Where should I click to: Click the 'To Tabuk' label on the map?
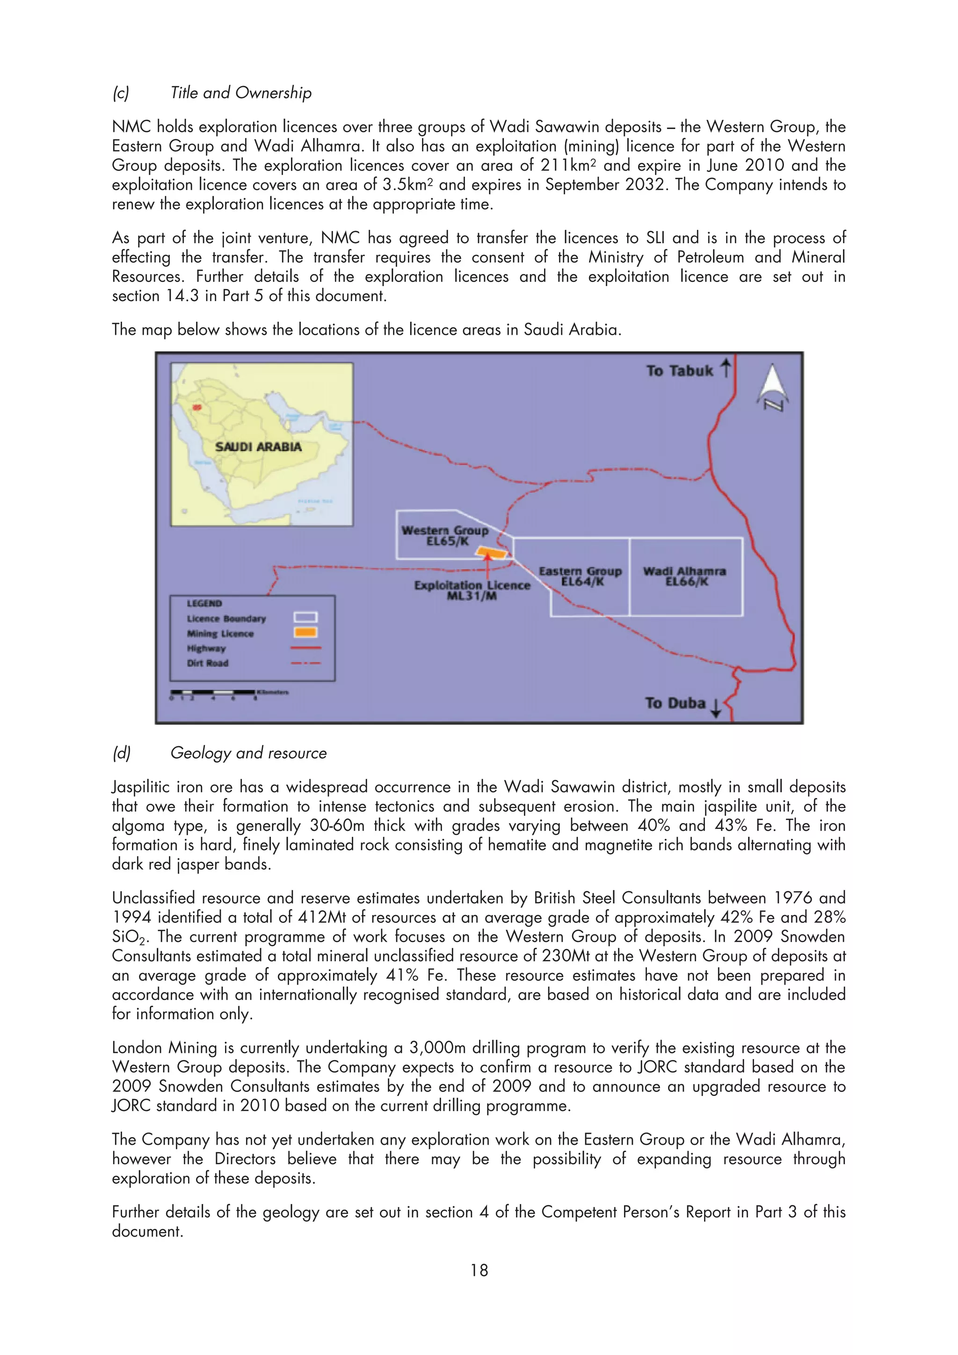point(679,371)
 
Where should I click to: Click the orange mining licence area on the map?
point(492,553)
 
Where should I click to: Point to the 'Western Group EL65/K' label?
point(446,535)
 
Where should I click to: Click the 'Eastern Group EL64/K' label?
point(580,576)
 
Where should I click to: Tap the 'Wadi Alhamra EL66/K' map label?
point(685,576)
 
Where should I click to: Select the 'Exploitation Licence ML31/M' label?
point(472,590)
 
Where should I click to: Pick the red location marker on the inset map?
point(196,407)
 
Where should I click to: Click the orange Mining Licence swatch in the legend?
point(306,633)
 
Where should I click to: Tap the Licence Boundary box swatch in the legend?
point(306,617)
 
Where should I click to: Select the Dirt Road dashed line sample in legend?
point(306,663)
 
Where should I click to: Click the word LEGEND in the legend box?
point(204,603)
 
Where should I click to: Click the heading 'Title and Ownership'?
point(241,93)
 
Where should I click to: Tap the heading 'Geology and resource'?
point(248,753)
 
